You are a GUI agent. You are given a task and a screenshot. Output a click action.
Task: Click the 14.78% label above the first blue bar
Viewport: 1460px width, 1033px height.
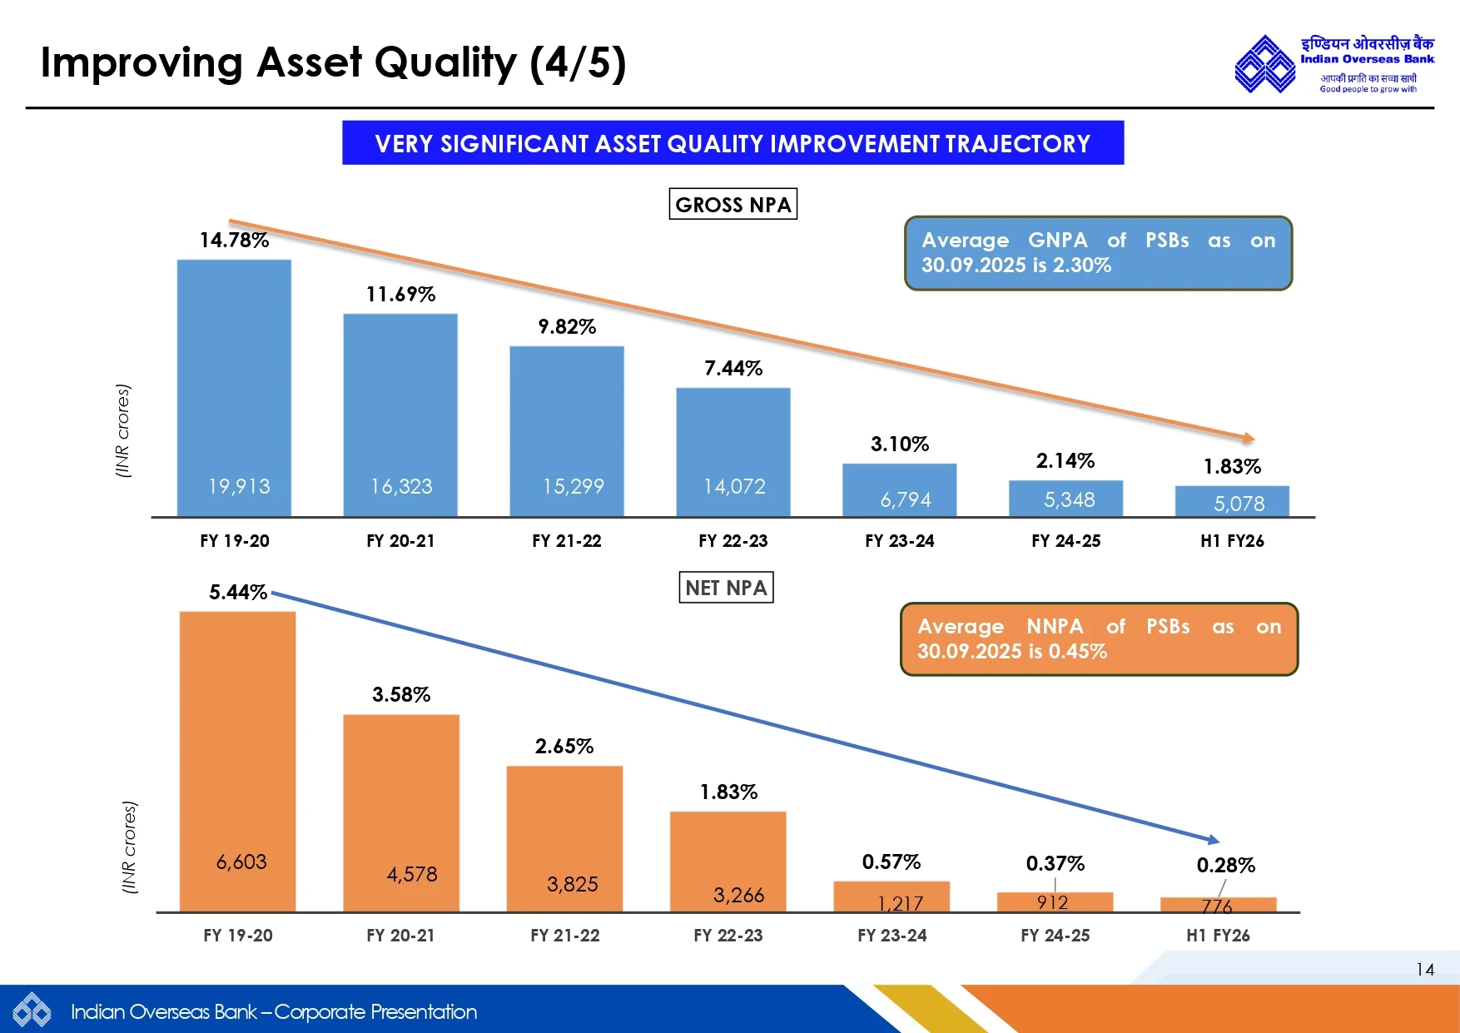pyautogui.click(x=234, y=241)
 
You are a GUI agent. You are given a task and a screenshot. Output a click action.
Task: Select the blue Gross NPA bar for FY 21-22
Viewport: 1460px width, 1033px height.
pyautogui.click(x=567, y=416)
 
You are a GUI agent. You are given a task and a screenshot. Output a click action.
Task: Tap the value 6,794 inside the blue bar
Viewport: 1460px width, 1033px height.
pyautogui.click(x=906, y=499)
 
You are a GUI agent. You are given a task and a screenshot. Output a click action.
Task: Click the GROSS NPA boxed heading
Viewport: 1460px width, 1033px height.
pyautogui.click(x=732, y=205)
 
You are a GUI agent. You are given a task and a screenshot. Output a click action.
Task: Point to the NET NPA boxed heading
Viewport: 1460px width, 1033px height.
pyautogui.click(x=726, y=588)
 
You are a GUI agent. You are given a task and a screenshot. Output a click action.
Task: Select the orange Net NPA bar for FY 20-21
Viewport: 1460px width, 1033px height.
pyautogui.click(x=400, y=791)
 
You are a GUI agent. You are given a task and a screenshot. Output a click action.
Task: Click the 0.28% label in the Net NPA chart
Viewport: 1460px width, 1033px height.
pyautogui.click(x=1225, y=866)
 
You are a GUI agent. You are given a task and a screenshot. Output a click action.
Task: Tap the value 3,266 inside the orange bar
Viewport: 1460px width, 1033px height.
pyautogui.click(x=738, y=895)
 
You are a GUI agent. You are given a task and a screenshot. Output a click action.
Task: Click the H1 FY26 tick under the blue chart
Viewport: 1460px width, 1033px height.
pyautogui.click(x=1232, y=541)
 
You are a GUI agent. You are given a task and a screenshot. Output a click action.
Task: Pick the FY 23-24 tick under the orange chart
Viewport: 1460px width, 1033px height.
pyautogui.click(x=891, y=936)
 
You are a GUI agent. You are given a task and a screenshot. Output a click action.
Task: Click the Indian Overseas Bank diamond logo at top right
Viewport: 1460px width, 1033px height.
pyautogui.click(x=1264, y=64)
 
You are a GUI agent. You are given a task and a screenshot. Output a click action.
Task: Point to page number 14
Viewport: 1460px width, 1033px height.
pyautogui.click(x=1425, y=970)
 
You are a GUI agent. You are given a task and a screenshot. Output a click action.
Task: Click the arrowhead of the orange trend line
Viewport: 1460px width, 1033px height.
pyautogui.click(x=1249, y=438)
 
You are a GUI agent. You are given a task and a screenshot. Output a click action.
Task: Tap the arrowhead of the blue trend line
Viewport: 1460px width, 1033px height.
pyautogui.click(x=1214, y=840)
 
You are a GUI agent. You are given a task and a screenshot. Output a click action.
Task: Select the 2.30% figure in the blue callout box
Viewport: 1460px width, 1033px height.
pyautogui.click(x=1081, y=266)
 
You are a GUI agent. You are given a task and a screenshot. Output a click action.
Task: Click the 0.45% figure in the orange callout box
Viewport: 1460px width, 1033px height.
pyautogui.click(x=1077, y=652)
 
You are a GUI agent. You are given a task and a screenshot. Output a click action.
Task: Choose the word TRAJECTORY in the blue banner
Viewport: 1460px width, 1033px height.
pyautogui.click(x=1017, y=144)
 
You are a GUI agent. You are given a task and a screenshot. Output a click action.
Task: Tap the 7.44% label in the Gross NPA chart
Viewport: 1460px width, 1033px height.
pyautogui.click(x=733, y=369)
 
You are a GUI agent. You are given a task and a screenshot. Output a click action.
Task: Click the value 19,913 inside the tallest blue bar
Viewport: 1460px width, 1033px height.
pyautogui.click(x=239, y=487)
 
